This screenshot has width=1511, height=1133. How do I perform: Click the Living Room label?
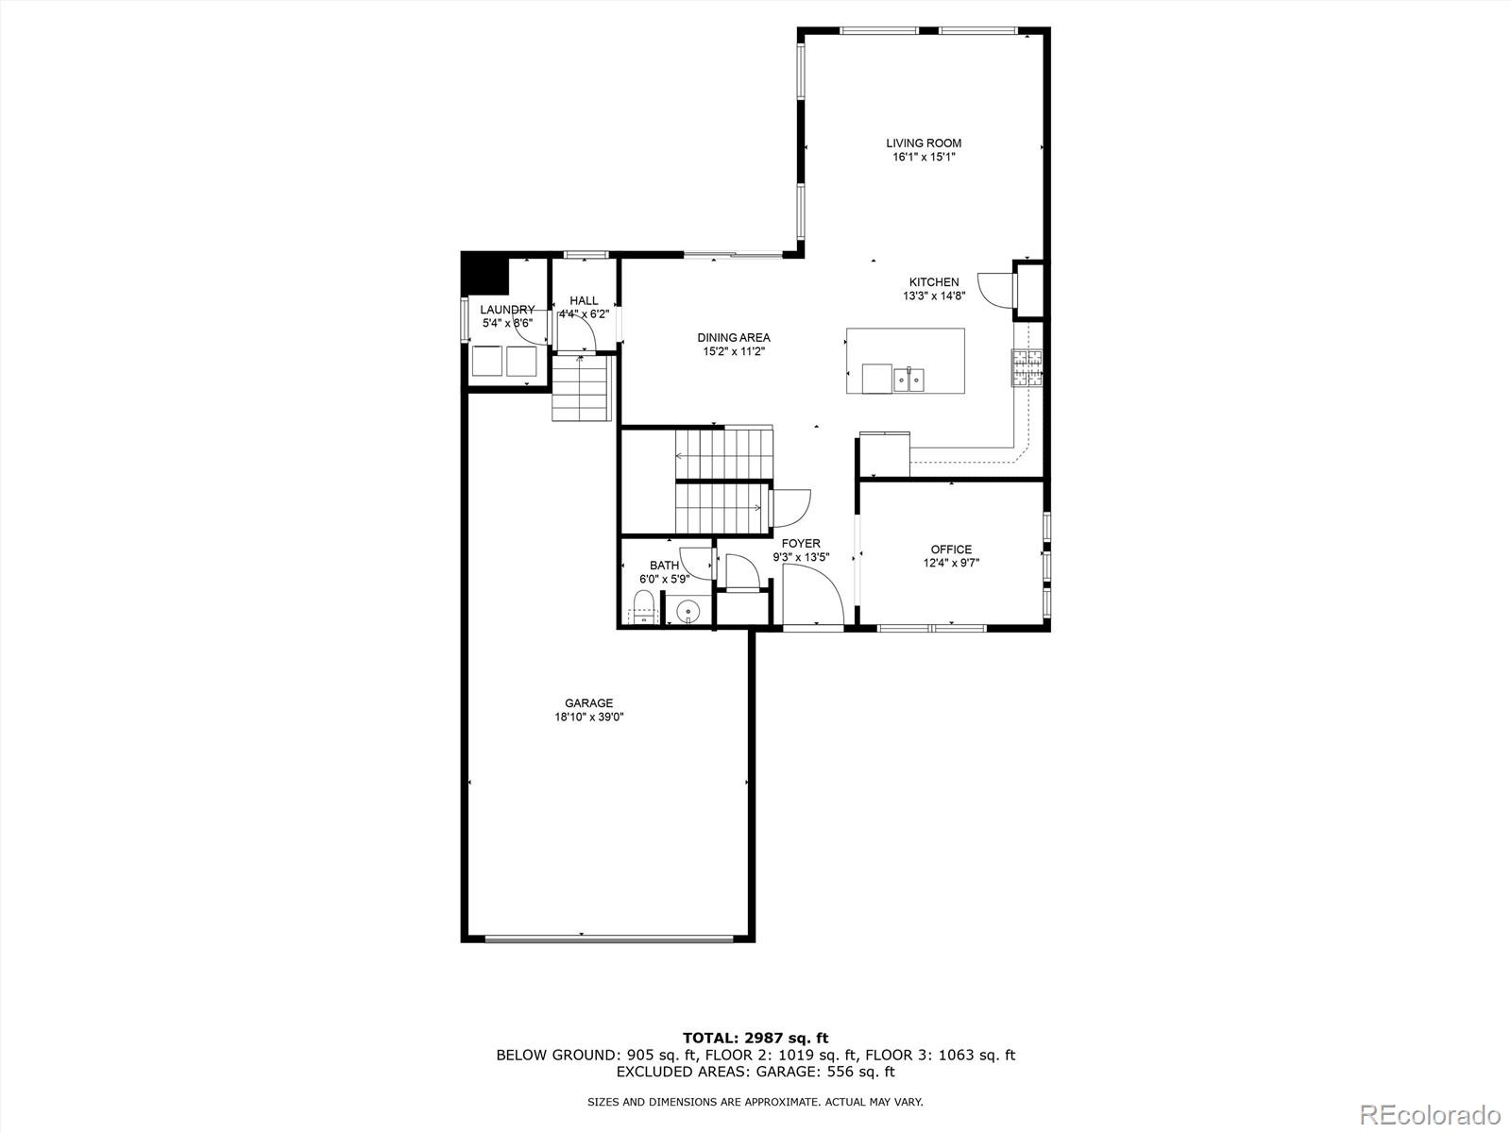tap(924, 144)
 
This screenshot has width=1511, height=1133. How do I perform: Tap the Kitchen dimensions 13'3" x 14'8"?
tap(933, 296)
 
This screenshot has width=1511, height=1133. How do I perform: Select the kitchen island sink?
tap(909, 380)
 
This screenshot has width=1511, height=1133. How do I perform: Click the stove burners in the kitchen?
tap(1027, 368)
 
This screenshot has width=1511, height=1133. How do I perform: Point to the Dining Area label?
tap(734, 337)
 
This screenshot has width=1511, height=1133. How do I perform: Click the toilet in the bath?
tap(644, 606)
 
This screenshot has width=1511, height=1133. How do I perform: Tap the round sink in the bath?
tap(689, 611)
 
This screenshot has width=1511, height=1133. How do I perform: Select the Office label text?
tap(951, 550)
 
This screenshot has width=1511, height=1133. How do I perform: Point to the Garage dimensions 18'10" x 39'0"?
tap(589, 717)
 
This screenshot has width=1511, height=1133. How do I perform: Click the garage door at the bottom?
tap(609, 938)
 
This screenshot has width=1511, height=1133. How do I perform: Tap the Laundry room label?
tap(507, 310)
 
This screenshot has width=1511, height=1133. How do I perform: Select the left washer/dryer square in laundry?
tap(487, 362)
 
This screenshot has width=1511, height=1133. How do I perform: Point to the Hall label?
tap(584, 300)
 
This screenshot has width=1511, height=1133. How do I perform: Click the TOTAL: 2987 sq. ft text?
tap(755, 1039)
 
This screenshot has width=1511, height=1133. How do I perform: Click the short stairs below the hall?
tap(579, 388)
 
